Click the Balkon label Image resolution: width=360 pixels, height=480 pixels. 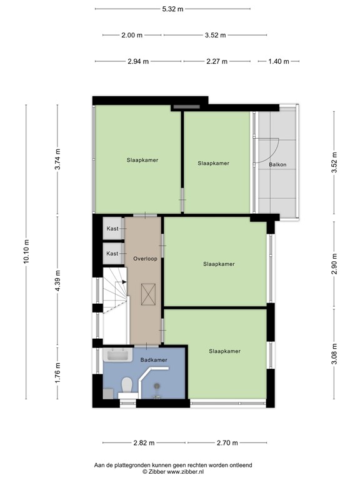[277, 165]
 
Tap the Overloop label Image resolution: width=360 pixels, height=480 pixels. [144, 258]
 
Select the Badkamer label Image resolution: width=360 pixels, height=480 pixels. [153, 360]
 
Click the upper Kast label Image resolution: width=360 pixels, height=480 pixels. [112, 229]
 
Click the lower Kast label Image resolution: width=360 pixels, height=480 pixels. [112, 253]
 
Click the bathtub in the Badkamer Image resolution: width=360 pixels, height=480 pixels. [118, 356]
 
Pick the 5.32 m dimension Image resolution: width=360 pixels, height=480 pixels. [172, 9]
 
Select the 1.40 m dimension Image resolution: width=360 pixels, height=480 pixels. [279, 61]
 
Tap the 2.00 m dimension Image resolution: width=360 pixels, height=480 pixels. [132, 35]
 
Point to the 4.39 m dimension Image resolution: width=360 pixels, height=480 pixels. [57, 278]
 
